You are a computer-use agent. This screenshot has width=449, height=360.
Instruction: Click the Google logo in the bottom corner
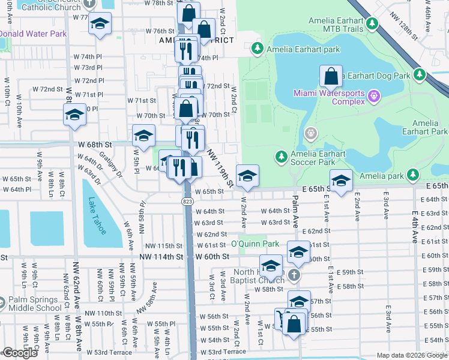pos(20,352)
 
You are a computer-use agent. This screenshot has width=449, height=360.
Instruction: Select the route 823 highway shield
pos(187,202)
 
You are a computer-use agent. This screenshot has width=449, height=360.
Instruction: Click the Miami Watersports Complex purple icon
pos(374,95)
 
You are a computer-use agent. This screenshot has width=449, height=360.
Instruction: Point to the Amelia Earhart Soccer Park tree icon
pos(281,157)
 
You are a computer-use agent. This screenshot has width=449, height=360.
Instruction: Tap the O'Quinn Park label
pos(255,244)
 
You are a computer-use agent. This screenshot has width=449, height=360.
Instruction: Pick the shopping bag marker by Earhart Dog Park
pos(331,77)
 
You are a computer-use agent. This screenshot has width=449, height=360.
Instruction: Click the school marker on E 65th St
pos(341,180)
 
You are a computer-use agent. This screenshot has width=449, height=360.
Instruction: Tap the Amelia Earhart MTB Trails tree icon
pos(373,24)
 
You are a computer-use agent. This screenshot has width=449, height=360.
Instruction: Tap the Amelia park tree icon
pos(412,175)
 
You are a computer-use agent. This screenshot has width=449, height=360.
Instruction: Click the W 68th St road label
pos(95,145)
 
